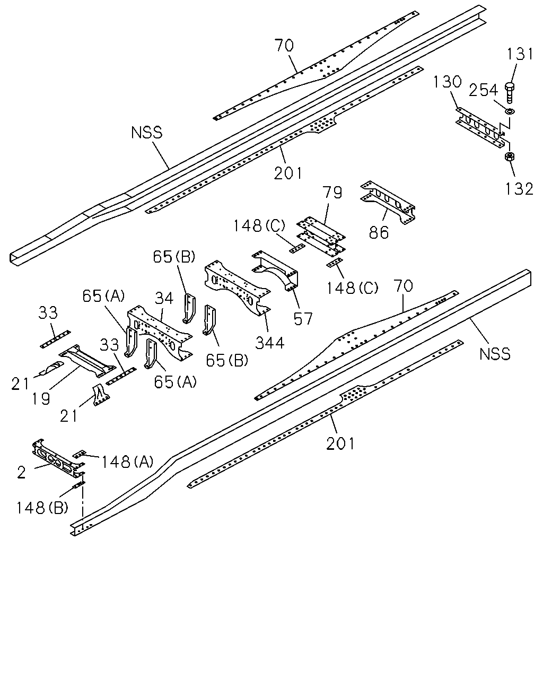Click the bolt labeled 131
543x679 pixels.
pos(510,92)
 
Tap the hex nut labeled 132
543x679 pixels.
pos(509,156)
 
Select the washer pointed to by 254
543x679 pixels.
pos(509,111)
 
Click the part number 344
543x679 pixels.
pos(269,343)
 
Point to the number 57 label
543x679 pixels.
pos(303,319)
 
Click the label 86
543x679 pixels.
pos(379,232)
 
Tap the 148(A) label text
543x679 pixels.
pos(127,462)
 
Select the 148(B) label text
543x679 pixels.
pos(42,508)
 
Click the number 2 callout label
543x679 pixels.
pos(21,472)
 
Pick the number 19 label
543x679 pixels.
pos(41,398)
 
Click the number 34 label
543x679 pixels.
pos(164,298)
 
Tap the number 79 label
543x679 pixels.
pos(332,193)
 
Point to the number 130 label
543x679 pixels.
pos(448,82)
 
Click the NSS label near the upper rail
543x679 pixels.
pos(147,133)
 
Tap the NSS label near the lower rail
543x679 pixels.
pos(495,354)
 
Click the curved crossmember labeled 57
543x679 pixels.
pos(275,272)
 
